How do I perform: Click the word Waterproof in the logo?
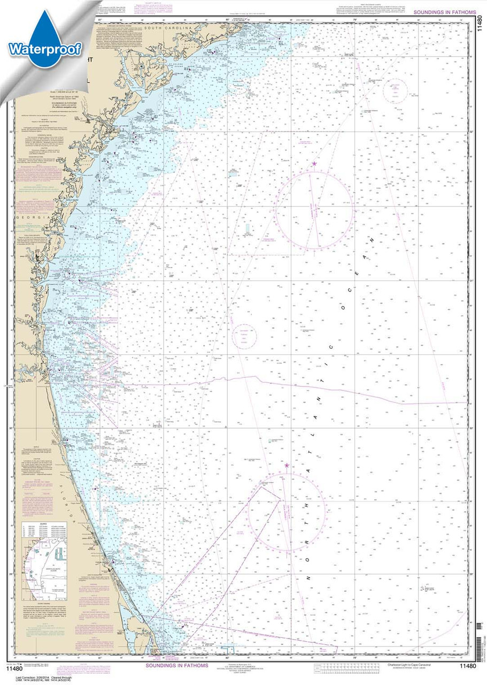tap(44, 50)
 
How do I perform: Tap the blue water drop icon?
tap(45, 40)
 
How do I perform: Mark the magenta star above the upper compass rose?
tap(314, 164)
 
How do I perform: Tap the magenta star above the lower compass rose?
tap(287, 466)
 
